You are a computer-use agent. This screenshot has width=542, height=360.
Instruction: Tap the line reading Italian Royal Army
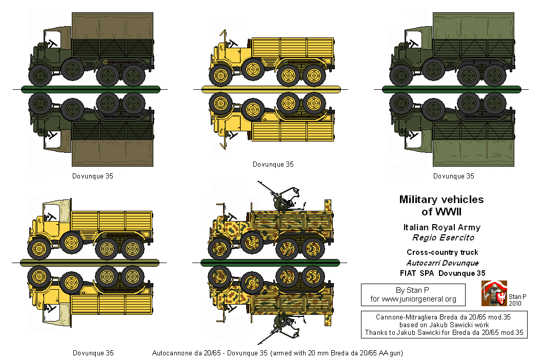tap(441, 227)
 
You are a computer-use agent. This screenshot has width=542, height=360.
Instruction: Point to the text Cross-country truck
tap(442, 252)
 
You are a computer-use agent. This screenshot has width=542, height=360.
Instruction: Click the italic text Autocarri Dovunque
tap(442, 263)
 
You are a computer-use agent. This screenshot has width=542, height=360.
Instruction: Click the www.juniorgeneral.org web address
tap(419, 299)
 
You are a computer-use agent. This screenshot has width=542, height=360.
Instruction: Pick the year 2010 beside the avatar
tap(516, 303)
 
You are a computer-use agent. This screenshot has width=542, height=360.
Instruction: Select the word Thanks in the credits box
tap(375, 332)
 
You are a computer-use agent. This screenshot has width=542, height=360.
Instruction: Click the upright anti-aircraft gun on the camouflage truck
tap(279, 197)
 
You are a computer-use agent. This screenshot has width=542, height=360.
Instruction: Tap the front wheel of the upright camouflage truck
tap(222, 247)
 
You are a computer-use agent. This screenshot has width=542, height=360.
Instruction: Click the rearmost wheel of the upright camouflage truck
tap(312, 247)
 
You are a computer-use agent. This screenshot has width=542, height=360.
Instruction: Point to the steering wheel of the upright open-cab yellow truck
tap(231, 40)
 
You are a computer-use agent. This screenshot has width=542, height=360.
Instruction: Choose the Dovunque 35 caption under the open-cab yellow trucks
tap(273, 164)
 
